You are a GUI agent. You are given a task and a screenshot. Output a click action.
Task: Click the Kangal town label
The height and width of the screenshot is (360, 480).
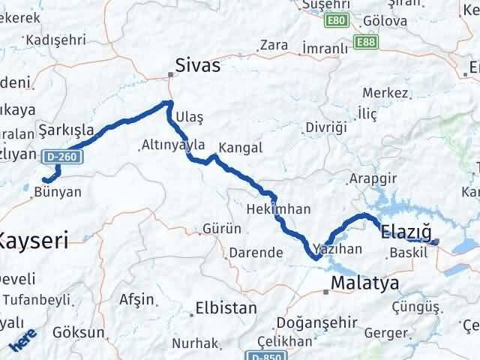pos(240,148)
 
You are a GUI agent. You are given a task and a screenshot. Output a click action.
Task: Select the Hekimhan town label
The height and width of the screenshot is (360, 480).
pos(278,209)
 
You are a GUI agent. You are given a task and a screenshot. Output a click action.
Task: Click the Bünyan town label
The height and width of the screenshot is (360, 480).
pos(58,191)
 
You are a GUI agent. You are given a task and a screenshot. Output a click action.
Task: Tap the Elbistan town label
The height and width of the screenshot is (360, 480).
pos(225,307)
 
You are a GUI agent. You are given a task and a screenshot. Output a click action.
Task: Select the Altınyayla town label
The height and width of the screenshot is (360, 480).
pos(174,145)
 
